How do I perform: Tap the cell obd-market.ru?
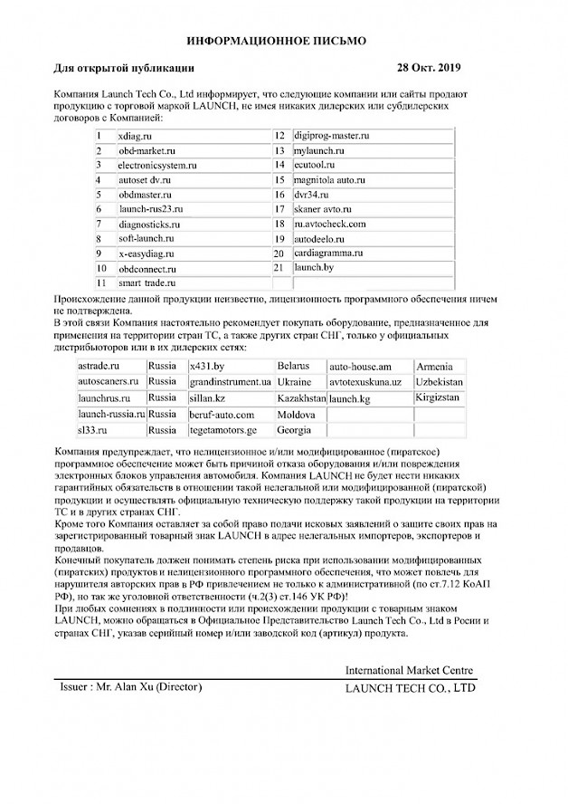(144, 150)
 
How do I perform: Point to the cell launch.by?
(313, 268)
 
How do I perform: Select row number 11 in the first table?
(101, 283)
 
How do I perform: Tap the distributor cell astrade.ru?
(99, 366)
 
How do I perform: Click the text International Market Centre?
(409, 670)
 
